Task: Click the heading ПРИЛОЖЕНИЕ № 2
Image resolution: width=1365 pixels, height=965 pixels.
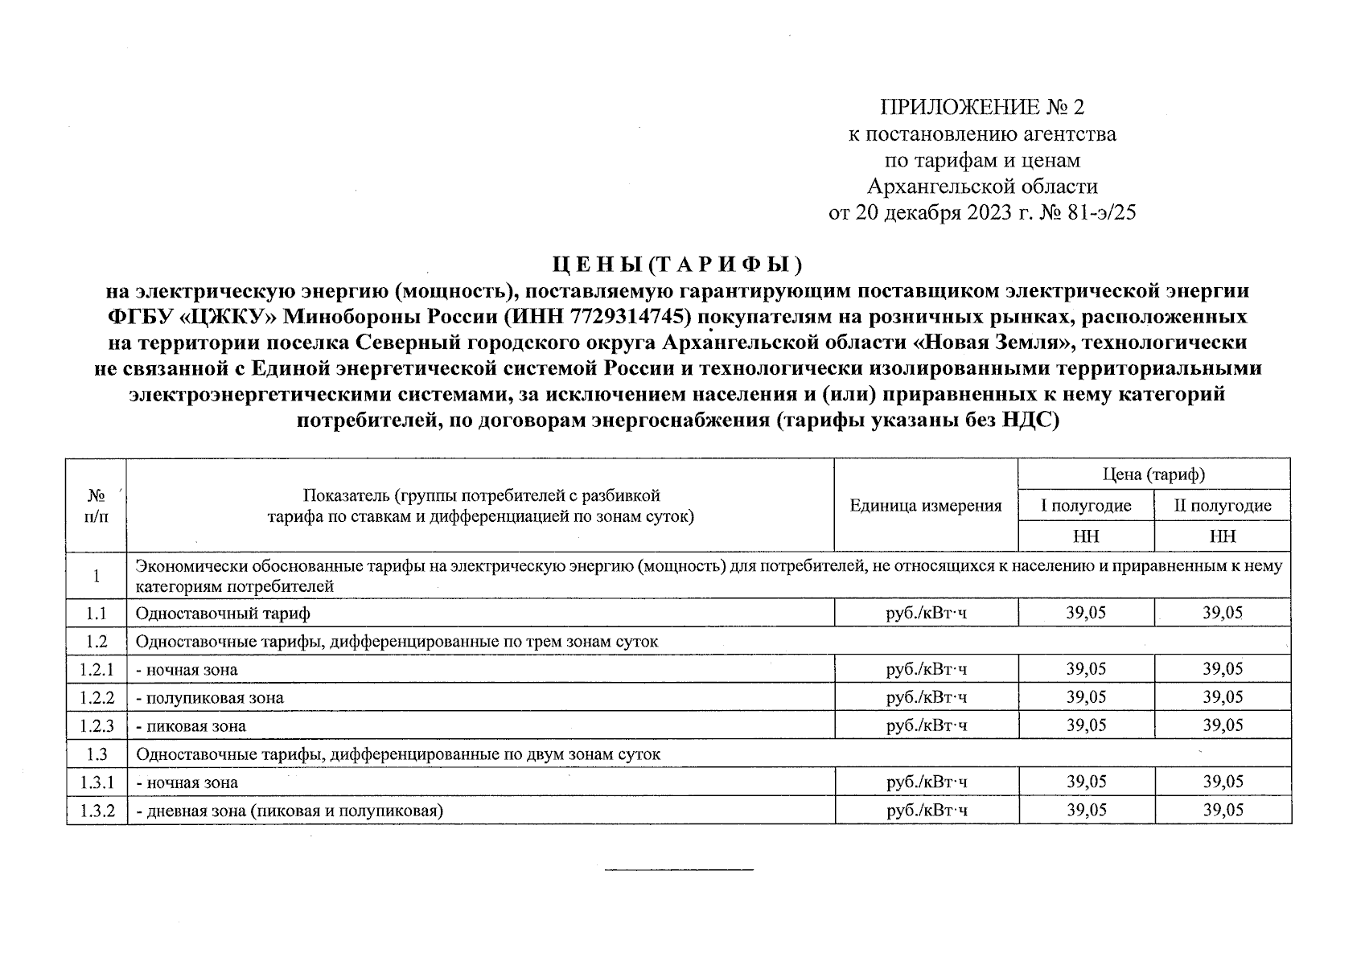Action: click(982, 108)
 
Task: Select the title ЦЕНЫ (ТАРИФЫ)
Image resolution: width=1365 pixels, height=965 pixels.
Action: click(677, 264)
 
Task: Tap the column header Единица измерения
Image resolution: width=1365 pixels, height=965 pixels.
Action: click(926, 506)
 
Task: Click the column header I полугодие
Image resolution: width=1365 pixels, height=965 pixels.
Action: click(1086, 506)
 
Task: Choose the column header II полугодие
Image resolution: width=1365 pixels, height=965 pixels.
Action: click(1223, 506)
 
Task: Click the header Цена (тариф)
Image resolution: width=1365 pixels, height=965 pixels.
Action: click(1153, 474)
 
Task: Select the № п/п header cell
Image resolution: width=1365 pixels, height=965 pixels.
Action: click(97, 505)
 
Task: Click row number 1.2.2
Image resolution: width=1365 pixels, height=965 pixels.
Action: click(97, 698)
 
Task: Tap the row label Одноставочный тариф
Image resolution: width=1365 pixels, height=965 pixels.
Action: click(223, 614)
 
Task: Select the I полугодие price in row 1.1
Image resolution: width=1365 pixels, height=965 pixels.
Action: click(1086, 613)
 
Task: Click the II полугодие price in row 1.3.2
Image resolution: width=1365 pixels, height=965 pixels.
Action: click(1223, 810)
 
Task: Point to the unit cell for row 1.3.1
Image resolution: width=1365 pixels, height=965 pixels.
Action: click(926, 782)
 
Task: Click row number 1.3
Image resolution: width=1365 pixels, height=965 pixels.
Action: click(97, 754)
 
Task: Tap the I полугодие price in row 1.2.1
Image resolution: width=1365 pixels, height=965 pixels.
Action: click(1086, 669)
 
